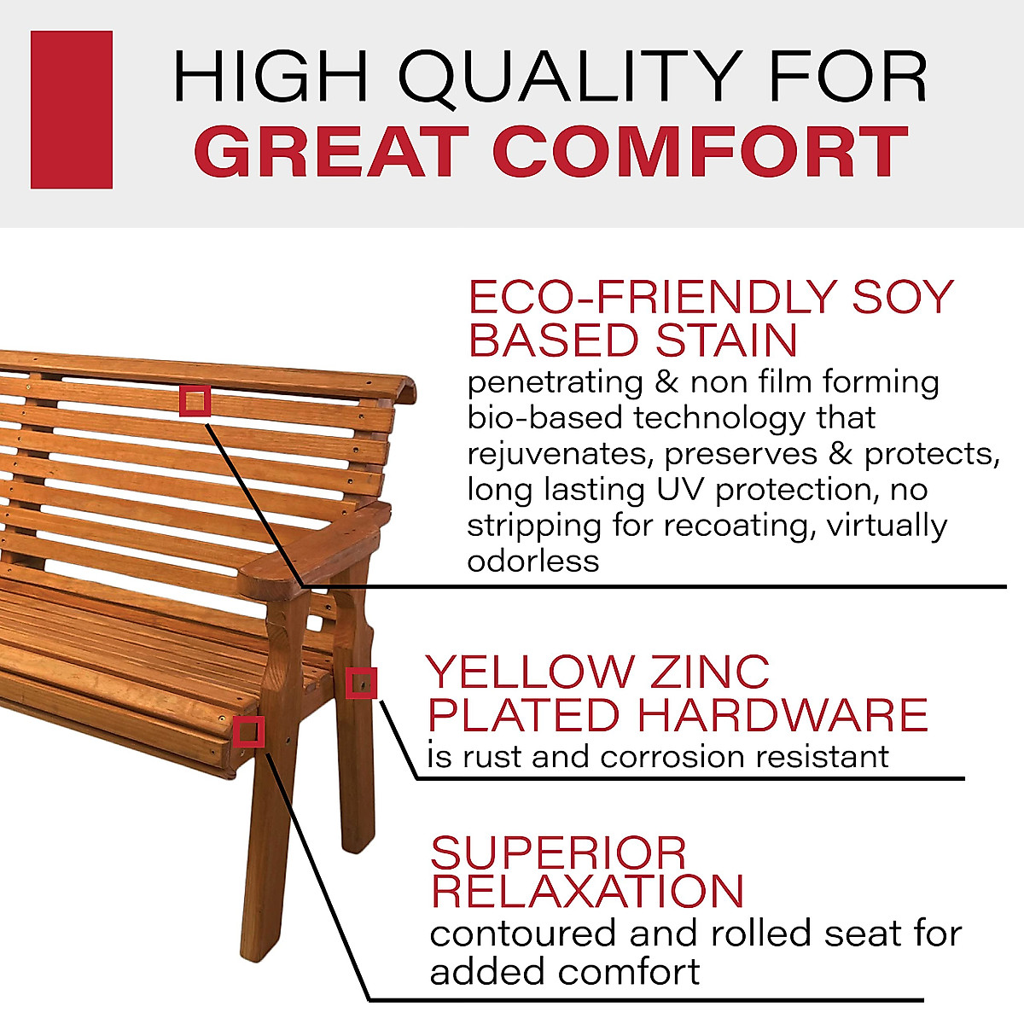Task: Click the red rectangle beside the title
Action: tap(72, 109)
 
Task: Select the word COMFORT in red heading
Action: tap(700, 152)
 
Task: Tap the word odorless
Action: tap(532, 561)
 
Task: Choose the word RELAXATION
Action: tap(587, 891)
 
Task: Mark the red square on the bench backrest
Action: tap(195, 400)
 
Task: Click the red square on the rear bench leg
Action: tap(362, 683)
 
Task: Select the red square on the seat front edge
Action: tap(248, 731)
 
